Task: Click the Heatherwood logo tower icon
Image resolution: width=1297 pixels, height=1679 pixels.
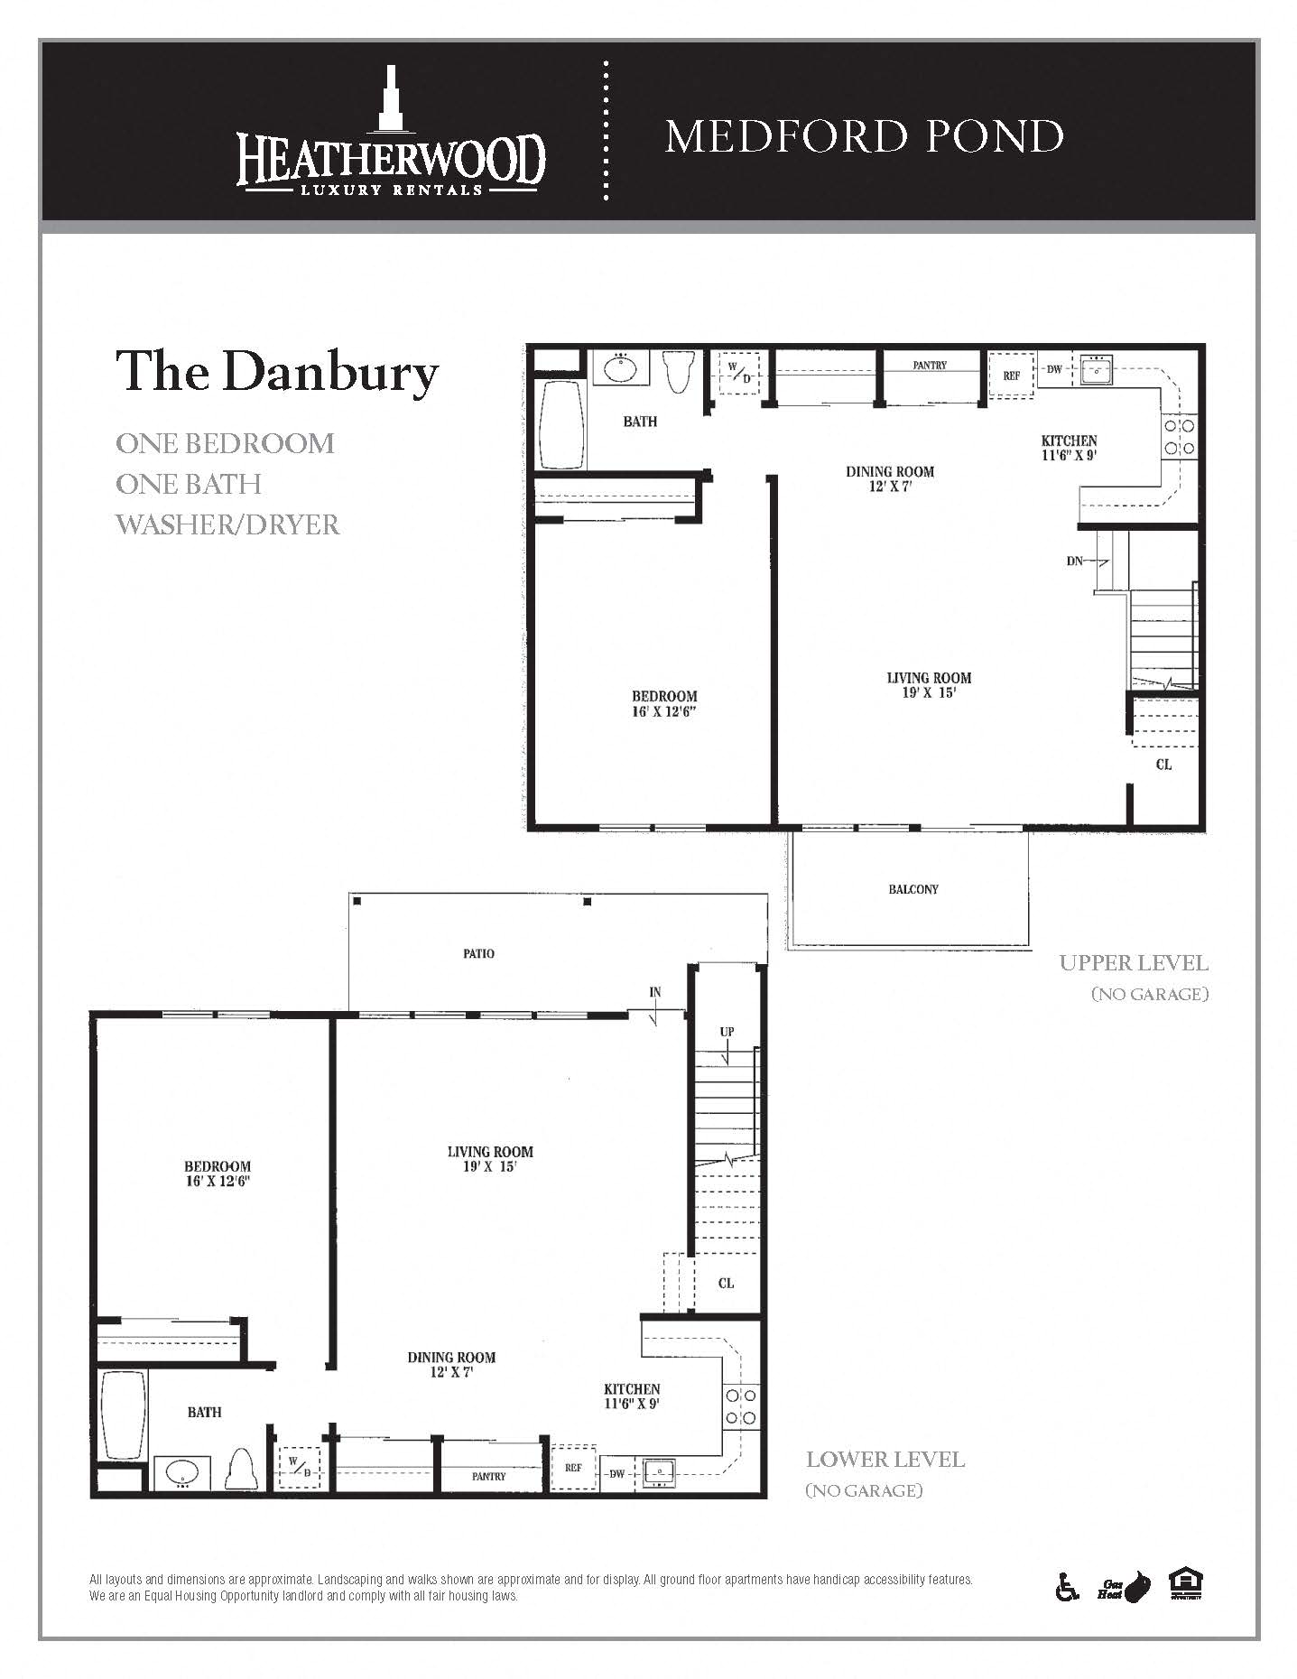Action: (390, 97)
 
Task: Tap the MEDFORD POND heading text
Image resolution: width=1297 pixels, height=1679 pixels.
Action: (864, 137)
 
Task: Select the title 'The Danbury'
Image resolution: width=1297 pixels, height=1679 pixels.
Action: (276, 371)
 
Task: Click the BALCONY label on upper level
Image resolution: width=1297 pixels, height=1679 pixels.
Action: (913, 889)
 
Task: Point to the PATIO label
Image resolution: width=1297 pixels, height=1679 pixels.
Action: (478, 953)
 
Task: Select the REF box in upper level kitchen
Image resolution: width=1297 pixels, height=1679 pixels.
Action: (1011, 375)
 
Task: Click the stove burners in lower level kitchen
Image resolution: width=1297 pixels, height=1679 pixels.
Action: (741, 1407)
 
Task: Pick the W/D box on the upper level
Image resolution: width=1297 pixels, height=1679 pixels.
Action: (739, 372)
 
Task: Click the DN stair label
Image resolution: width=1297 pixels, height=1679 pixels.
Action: (1074, 561)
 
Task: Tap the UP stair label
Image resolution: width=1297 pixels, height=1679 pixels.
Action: (727, 1032)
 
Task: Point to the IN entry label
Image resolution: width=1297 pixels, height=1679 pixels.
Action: (654, 992)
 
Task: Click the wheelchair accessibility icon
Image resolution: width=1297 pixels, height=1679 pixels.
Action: (1067, 1586)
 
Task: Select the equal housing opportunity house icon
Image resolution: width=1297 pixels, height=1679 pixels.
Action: (1186, 1584)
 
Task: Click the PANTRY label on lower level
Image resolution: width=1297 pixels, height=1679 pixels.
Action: (488, 1476)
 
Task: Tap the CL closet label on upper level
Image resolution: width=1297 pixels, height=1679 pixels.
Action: (1163, 765)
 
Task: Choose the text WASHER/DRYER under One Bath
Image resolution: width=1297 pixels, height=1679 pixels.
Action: (227, 524)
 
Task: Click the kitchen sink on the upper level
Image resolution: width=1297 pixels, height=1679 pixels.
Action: (1096, 370)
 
